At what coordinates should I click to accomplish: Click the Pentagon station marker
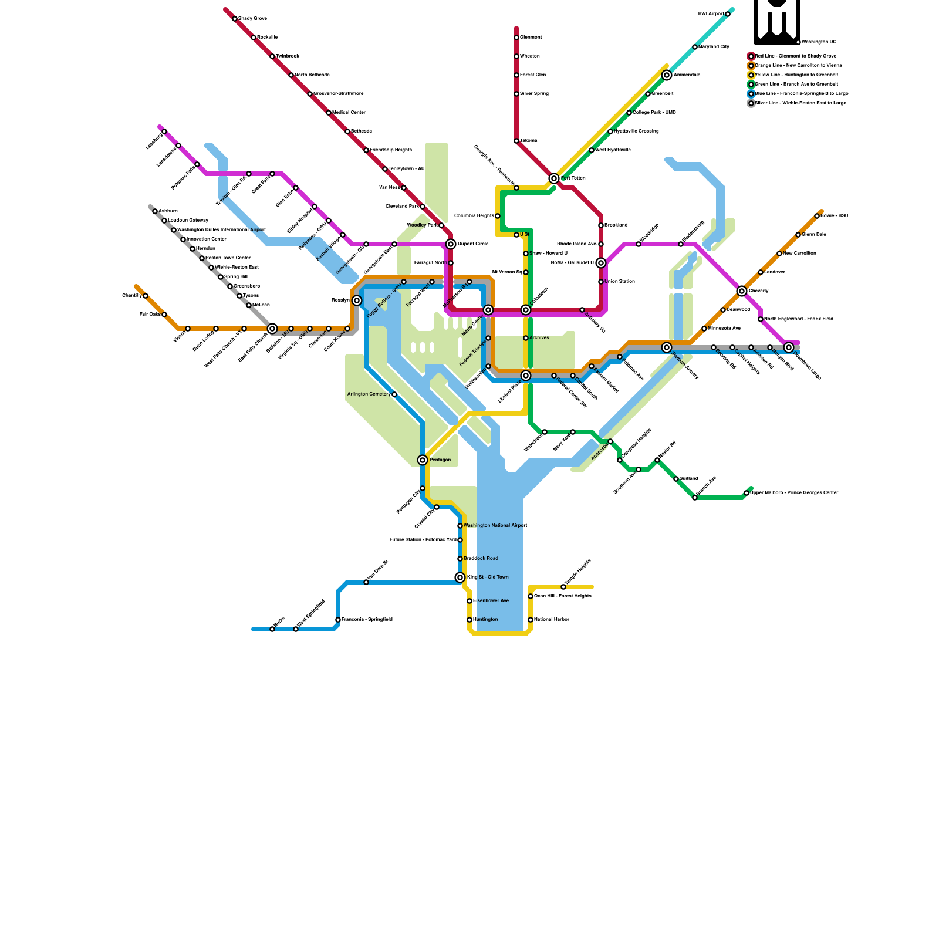423,460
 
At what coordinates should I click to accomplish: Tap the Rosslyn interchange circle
357,300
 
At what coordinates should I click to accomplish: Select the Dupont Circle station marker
451,244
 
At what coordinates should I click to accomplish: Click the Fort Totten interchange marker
554,178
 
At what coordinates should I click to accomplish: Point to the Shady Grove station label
252,19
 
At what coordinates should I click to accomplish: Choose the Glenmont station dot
516,38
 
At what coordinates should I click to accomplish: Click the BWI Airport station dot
728,14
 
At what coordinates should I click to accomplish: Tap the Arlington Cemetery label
369,394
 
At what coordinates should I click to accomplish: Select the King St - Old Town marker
460,577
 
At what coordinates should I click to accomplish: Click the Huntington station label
485,620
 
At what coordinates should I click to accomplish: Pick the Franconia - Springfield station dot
338,620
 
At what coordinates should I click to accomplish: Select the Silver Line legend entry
800,103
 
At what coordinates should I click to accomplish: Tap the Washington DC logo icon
777,22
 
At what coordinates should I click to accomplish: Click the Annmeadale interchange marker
667,75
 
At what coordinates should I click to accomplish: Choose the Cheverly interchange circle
742,291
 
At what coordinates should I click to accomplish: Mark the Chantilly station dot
146,296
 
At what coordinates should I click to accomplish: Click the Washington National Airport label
495,526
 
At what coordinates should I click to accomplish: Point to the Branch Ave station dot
695,498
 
